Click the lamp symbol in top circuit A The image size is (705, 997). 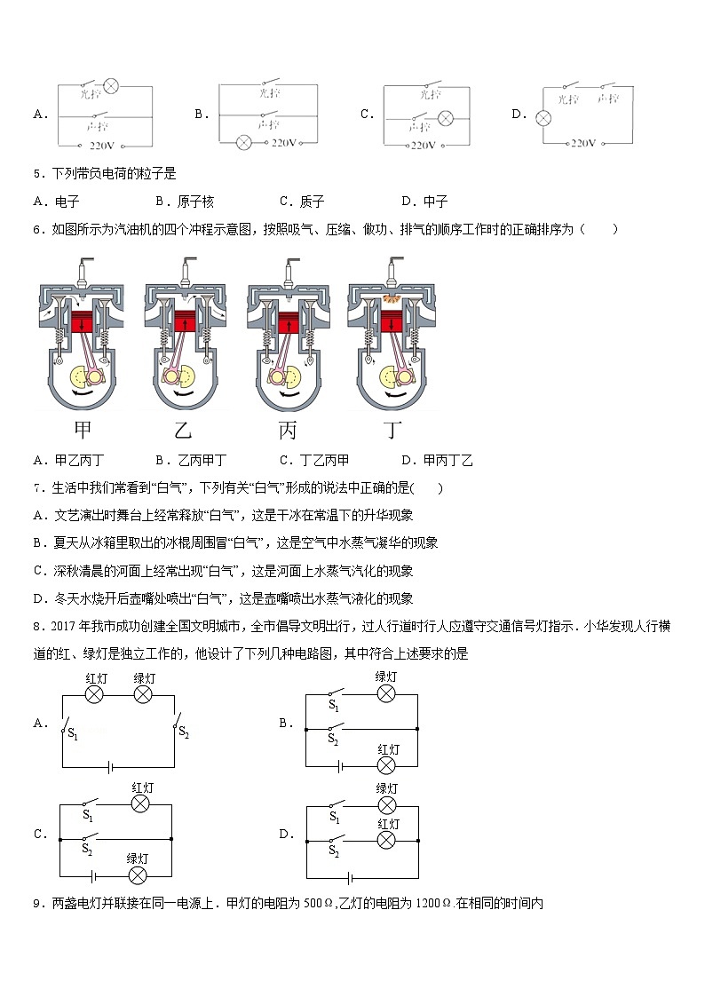[113, 86]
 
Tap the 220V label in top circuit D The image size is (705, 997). [582, 142]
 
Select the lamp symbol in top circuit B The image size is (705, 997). [244, 142]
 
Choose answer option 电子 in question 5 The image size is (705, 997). [67, 202]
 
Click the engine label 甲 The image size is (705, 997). [83, 431]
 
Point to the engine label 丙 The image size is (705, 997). [287, 431]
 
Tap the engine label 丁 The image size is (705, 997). [392, 431]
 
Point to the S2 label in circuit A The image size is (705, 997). [184, 732]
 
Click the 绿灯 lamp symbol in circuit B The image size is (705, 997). [386, 692]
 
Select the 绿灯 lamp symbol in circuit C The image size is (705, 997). [138, 874]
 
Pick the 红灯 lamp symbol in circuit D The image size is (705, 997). [386, 838]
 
